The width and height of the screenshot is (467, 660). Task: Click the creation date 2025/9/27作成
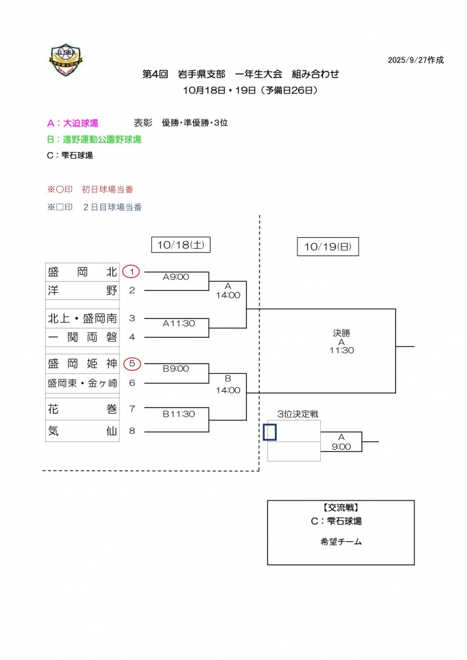(416, 61)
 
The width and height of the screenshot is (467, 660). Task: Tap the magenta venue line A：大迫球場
(72, 123)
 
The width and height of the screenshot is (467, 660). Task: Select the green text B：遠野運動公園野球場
(94, 139)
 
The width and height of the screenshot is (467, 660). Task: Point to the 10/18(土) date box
(181, 244)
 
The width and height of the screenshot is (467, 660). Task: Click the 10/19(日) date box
(327, 247)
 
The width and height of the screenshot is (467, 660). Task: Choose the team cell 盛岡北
(83, 272)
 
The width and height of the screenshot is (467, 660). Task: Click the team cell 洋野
(83, 290)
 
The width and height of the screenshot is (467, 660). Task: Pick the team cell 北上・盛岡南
(83, 318)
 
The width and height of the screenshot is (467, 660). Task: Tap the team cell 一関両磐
(83, 336)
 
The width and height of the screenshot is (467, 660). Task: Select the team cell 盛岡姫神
(83, 364)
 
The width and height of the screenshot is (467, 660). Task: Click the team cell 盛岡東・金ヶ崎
(83, 383)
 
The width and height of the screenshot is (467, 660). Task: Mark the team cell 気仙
(83, 431)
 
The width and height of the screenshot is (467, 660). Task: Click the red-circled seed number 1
(132, 271)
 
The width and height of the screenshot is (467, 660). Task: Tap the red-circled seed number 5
(132, 364)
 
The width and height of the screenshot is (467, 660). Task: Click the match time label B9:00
(176, 369)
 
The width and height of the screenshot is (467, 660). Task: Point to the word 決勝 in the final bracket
(342, 333)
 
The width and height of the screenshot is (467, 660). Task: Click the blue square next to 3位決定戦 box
(270, 432)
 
